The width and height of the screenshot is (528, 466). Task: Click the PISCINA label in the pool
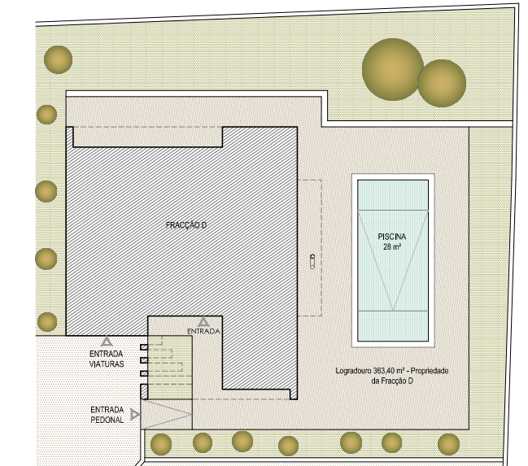click(391, 237)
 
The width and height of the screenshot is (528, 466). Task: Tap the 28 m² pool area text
click(391, 246)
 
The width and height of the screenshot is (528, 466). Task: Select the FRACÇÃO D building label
click(186, 225)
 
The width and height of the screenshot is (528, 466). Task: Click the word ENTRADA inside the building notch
click(203, 331)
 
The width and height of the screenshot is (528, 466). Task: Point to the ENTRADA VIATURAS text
click(107, 359)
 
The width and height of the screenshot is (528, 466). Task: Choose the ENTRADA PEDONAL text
click(107, 415)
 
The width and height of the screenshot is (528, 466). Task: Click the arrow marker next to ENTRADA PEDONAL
click(135, 415)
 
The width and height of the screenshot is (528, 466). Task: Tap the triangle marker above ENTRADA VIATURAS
click(107, 341)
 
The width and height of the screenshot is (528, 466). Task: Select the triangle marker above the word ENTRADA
click(203, 322)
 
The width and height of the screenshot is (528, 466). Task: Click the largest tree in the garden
click(392, 69)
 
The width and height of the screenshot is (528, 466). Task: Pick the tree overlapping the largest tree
click(442, 83)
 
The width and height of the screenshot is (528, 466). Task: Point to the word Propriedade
click(430, 371)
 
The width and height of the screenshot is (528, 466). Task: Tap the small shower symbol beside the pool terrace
click(312, 262)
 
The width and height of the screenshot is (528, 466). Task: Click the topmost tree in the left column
click(59, 59)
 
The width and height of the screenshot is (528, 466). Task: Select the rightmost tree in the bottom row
click(448, 444)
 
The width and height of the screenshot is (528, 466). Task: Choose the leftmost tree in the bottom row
click(161, 445)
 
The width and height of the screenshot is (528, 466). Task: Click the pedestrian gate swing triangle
click(166, 415)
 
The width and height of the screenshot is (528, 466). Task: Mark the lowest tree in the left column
click(47, 322)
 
